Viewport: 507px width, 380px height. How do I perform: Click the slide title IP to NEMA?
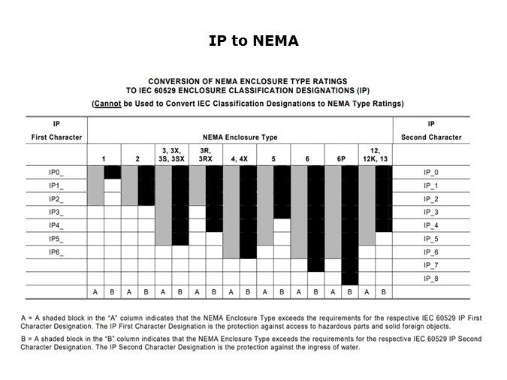[253, 41]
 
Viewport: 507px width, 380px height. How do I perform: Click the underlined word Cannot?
[109, 103]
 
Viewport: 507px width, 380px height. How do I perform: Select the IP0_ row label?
[56, 172]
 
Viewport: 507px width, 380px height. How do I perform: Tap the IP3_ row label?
[56, 213]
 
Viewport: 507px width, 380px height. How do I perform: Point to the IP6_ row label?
[56, 253]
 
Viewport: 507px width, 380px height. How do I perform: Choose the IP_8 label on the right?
[431, 279]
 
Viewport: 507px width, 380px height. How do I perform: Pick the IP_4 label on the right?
[431, 225]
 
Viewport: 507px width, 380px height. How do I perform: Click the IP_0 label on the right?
[431, 172]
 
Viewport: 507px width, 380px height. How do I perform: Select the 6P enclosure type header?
[341, 158]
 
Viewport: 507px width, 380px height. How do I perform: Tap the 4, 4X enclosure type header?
[240, 158]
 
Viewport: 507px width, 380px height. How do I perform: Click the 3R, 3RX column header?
[206, 155]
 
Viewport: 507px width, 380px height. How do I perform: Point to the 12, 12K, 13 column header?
[375, 155]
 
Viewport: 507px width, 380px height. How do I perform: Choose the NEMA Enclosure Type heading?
[240, 137]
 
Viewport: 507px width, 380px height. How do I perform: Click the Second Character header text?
[431, 137]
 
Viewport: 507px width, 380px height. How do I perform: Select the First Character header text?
[56, 137]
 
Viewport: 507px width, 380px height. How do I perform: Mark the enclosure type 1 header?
[104, 158]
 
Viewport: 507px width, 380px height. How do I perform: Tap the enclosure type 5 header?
[273, 158]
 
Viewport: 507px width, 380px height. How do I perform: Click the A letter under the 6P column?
[333, 291]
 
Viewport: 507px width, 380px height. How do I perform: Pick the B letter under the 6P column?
[349, 291]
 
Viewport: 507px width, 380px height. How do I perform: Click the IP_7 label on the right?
[431, 265]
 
